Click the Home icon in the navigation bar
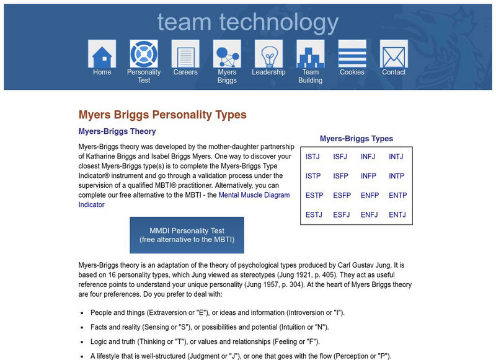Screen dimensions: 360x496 point(102,54)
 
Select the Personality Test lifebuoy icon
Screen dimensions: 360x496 point(144,54)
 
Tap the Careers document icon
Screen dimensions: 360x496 point(185,54)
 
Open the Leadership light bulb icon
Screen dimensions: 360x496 point(268,54)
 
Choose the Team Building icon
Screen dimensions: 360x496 point(310,54)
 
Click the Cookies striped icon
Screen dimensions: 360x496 point(352,54)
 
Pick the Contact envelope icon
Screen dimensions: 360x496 point(394,54)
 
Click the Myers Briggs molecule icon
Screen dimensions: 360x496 point(227,54)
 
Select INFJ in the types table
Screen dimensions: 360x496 point(368,157)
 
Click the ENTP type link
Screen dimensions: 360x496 point(397,195)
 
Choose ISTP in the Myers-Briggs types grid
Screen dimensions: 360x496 point(313,176)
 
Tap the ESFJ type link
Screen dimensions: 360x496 point(342,215)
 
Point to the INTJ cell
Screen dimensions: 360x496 point(396,157)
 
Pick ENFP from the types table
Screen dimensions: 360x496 point(370,195)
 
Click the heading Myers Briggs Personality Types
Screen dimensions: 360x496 point(162,115)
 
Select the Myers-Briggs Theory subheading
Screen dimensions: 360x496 point(117,131)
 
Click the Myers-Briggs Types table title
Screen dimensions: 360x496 point(356,139)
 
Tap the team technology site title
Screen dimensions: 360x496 point(247,22)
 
